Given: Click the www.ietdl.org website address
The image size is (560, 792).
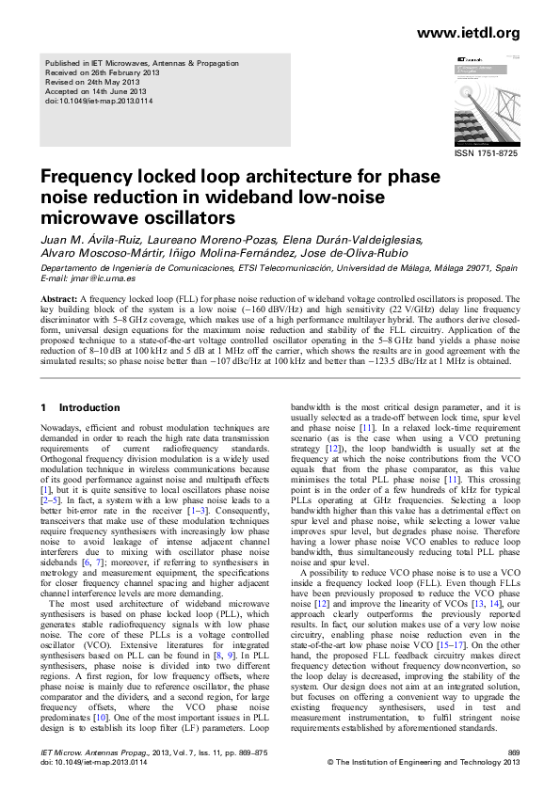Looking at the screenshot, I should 468,34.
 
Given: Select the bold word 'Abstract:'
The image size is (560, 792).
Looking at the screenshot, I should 59,297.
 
